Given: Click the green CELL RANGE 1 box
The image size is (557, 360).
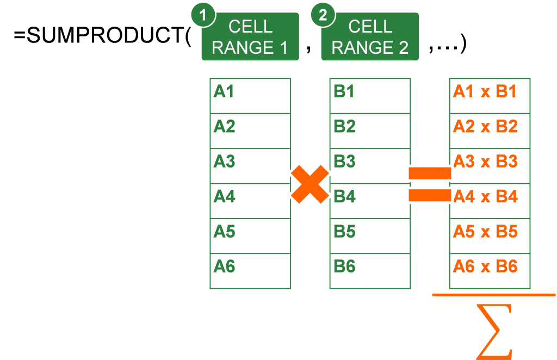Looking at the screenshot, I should (250, 37).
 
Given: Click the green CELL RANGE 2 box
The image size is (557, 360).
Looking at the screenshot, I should (370, 37).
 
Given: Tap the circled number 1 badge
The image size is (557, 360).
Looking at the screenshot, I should (203, 15).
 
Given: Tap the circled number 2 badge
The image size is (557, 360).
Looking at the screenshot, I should (323, 15).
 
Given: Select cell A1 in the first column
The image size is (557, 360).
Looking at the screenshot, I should (250, 96).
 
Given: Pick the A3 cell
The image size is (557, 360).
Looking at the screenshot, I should (250, 166).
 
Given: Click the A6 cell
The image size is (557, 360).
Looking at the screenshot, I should (250, 271).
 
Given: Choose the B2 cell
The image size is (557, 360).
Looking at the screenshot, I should (370, 131).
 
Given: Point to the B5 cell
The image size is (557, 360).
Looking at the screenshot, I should (370, 236).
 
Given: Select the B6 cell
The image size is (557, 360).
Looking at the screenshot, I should (370, 271).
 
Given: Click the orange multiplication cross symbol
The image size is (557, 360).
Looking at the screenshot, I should (310, 184).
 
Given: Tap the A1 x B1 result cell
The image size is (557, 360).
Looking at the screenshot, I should (490, 96).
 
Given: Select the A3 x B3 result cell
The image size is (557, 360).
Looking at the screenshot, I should (490, 166).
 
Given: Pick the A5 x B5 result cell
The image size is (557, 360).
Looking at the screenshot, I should (490, 236).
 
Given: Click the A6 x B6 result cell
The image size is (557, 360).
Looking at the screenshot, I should (490, 271).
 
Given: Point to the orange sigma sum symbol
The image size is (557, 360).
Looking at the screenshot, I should (494, 331).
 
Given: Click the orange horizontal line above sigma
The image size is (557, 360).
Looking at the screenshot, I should (493, 295).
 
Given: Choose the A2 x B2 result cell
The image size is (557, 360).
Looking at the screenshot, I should (490, 131).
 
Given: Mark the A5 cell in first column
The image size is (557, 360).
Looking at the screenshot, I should (250, 236).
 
